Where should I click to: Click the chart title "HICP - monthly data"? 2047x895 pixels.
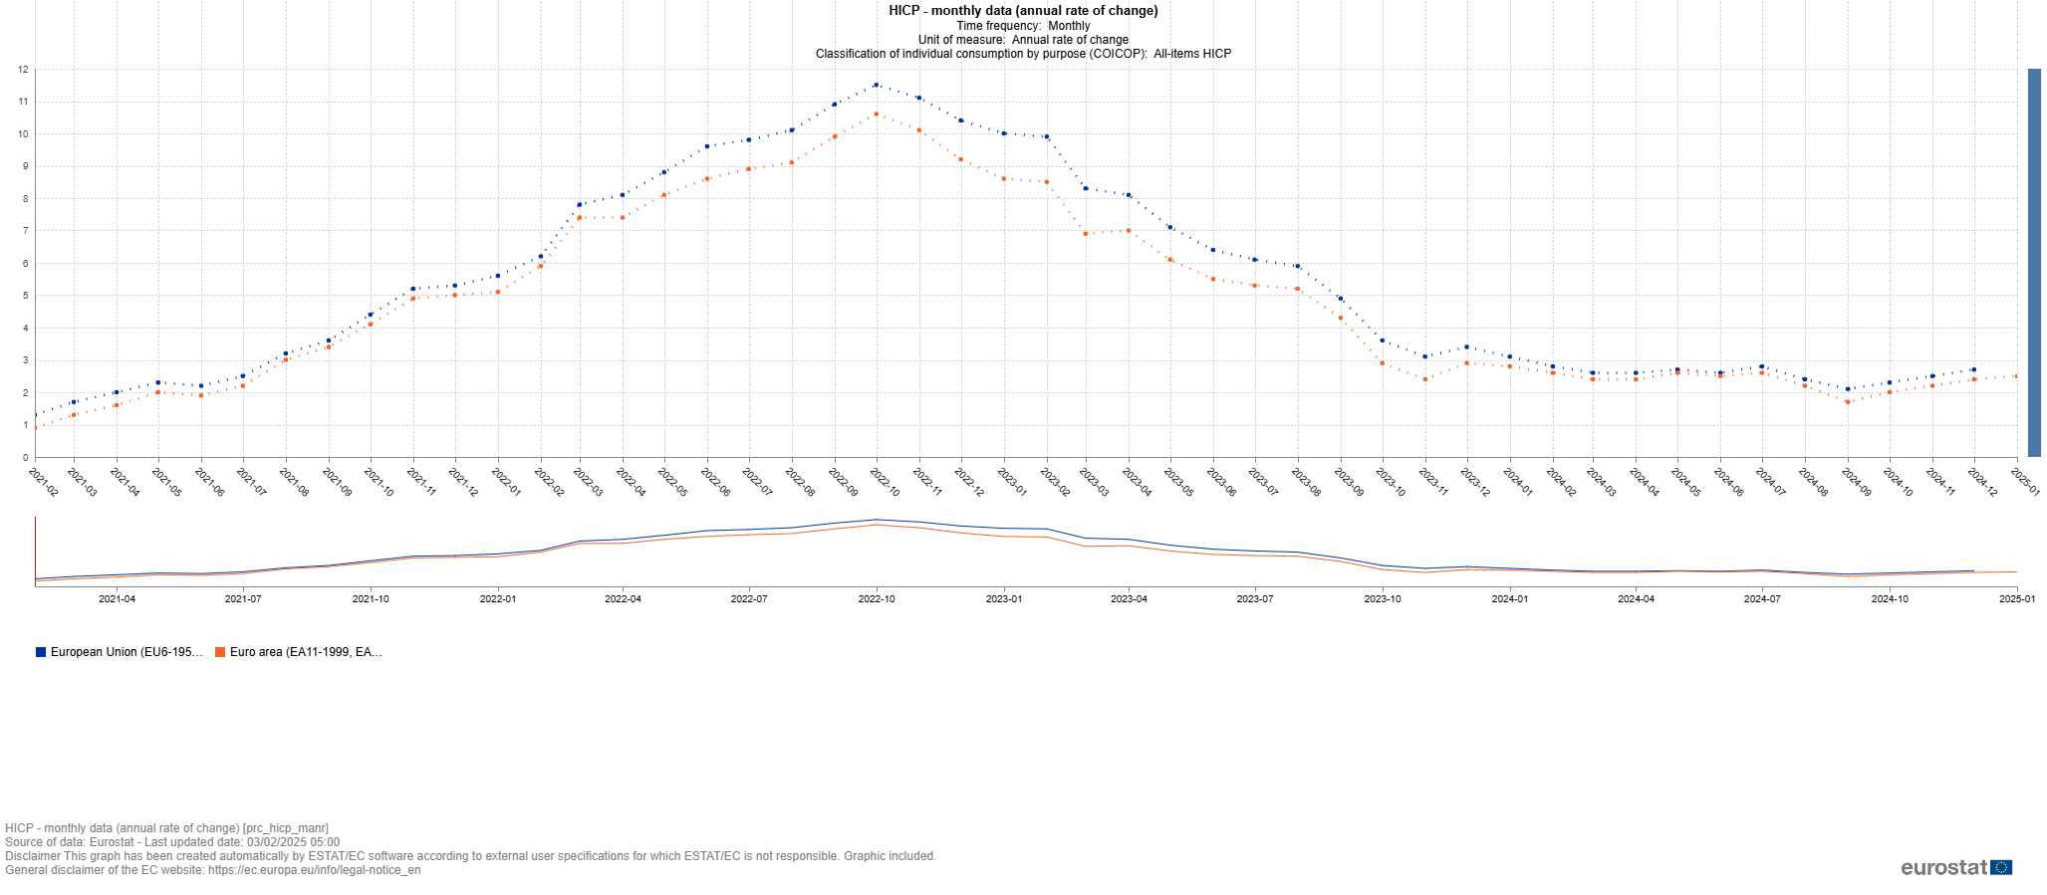1023,11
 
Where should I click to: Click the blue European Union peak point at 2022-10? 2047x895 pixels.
876,86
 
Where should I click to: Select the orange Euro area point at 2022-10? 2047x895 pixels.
876,114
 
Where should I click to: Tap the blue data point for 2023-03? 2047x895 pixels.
1085,188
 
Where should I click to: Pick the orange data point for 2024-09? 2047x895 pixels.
1847,402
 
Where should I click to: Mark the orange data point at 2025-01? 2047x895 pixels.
2016,376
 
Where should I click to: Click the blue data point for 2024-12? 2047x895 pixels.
1973,370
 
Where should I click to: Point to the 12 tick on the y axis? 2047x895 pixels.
22,70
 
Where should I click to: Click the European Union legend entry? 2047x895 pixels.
119,652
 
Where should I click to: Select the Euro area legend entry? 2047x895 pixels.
299,652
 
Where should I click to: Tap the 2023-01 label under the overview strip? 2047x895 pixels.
1003,599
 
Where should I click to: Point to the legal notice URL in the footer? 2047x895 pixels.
314,870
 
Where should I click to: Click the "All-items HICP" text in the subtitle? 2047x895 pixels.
1192,54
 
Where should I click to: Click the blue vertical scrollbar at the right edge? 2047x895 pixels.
2034,262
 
